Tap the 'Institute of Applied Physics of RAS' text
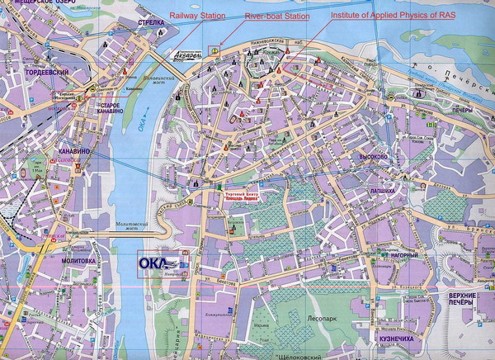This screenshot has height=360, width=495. [381, 16]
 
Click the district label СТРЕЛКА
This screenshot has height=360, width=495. [152, 24]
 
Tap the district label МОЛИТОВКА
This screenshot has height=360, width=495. [73, 261]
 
